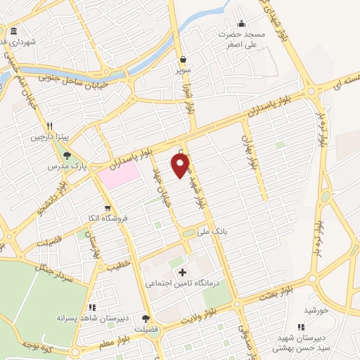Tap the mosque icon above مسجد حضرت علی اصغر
tap(242, 23)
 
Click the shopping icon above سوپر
tap(183, 60)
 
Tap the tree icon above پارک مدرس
tap(67, 156)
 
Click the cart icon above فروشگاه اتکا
tap(106, 207)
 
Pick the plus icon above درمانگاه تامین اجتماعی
tap(183, 272)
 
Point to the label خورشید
tap(316, 310)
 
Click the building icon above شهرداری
tap(14, 32)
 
